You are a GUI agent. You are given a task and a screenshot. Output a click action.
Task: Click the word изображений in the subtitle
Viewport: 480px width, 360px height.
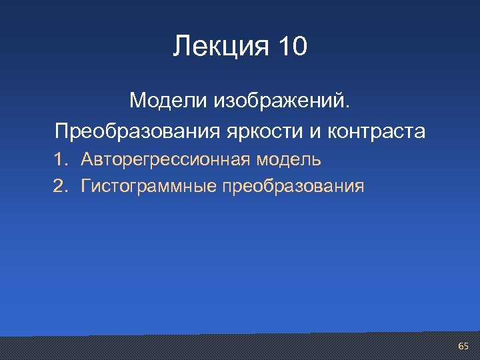[x=279, y=103]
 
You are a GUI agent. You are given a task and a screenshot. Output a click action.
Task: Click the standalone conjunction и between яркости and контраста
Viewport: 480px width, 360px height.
[x=315, y=131]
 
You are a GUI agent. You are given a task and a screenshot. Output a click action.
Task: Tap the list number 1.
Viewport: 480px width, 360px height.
[x=60, y=159]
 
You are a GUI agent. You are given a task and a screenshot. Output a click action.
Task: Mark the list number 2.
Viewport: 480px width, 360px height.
[x=60, y=185]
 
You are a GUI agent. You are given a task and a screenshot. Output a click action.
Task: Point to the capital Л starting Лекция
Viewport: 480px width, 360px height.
[x=180, y=47]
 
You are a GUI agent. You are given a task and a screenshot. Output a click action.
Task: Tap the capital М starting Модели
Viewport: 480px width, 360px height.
[x=137, y=101]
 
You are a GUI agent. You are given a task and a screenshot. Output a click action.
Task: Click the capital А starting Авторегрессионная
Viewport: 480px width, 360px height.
[x=87, y=159]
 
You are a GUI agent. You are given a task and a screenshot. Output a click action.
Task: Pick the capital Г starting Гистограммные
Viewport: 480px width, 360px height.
[x=85, y=185]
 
